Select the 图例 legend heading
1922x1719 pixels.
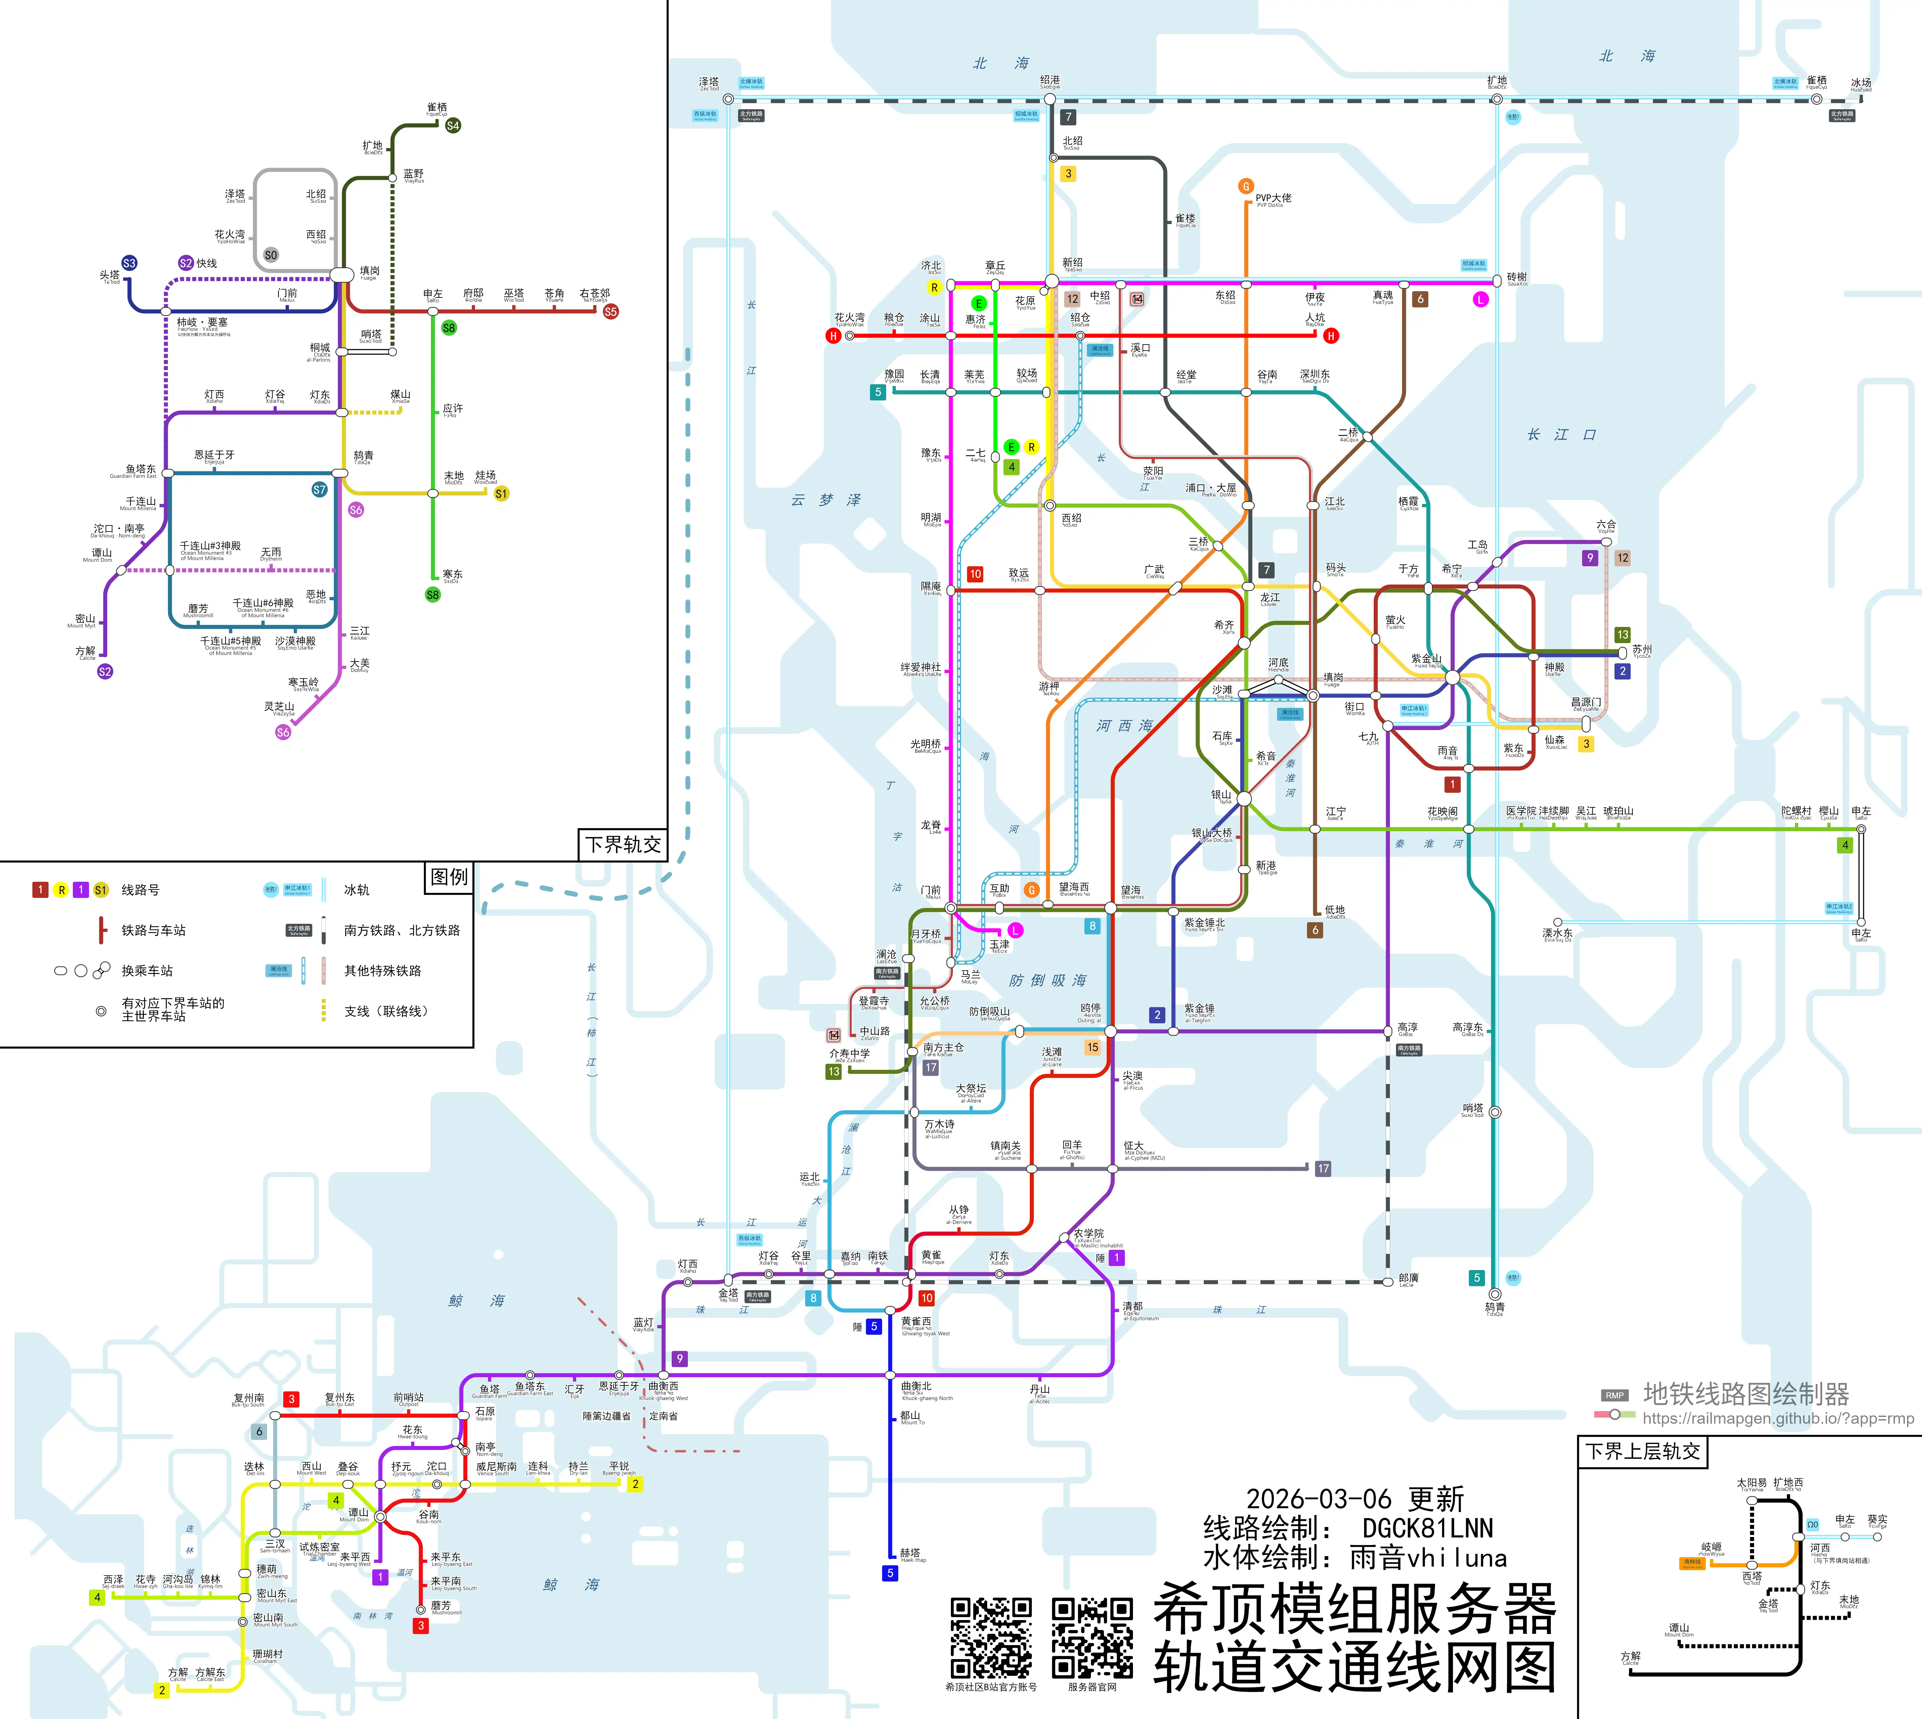click(x=449, y=877)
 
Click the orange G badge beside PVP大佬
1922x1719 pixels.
click(x=1245, y=186)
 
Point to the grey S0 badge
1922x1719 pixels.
click(x=271, y=255)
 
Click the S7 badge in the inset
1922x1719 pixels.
click(x=319, y=489)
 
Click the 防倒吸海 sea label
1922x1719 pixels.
click(x=1048, y=980)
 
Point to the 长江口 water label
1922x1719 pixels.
click(x=1561, y=434)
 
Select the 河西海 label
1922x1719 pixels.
click(x=1125, y=725)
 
